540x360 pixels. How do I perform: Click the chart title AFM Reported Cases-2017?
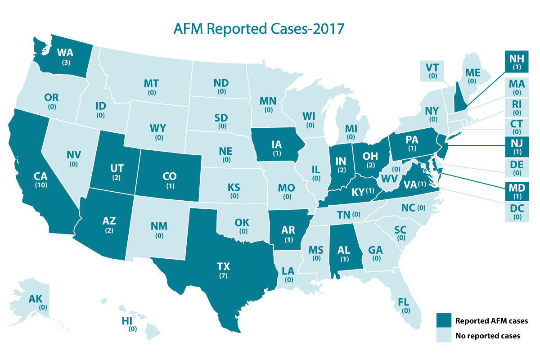click(x=259, y=28)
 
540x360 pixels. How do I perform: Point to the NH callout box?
click(x=516, y=62)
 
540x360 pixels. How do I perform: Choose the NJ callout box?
click(x=516, y=147)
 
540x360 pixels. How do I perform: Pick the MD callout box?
click(x=516, y=189)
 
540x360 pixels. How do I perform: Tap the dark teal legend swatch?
click(x=443, y=321)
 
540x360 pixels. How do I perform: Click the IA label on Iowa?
click(x=276, y=145)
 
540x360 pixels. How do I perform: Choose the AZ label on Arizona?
click(x=109, y=221)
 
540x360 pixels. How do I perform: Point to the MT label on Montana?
click(x=151, y=83)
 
